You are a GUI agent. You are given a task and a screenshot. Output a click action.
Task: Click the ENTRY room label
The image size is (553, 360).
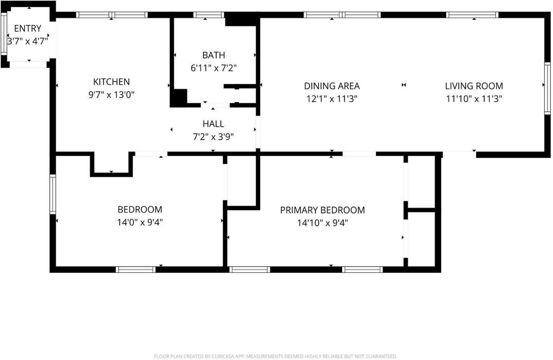tap(28, 28)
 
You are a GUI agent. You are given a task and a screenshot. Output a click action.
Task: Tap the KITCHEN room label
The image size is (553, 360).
tap(111, 82)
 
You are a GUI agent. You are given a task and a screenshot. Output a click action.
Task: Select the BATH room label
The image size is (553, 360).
tap(213, 55)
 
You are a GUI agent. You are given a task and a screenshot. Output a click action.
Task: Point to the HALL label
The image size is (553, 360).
tap(213, 124)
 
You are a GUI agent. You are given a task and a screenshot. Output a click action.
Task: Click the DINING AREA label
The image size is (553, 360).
tap(332, 86)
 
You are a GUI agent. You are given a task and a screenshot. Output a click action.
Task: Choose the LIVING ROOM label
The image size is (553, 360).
tap(474, 86)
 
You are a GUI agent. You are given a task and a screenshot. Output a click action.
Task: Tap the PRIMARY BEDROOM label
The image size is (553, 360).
tap(322, 210)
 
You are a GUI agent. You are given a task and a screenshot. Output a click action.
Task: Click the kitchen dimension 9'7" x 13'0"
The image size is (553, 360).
tap(111, 95)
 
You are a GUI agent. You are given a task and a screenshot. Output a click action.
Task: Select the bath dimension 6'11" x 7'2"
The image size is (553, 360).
tap(213, 68)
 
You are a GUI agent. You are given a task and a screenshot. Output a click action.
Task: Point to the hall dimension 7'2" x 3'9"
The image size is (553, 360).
tap(213, 137)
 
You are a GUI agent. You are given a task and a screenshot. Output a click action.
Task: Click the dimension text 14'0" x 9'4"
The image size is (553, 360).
tap(140, 222)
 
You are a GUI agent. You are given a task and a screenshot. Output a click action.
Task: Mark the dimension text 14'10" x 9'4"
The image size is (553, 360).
tap(322, 223)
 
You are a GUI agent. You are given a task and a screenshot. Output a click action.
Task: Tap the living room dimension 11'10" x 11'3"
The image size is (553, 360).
tap(474, 99)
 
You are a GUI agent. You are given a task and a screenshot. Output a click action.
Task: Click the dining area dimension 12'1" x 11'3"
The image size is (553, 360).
tap(332, 99)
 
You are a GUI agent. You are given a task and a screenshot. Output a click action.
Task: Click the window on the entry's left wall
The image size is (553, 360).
tap(4, 34)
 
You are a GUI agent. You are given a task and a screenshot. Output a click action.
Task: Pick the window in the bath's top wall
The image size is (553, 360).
tap(209, 15)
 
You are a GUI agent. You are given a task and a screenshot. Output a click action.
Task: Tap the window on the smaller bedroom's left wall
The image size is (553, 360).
tap(53, 194)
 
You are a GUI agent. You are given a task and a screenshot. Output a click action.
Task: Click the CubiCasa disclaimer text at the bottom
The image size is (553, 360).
tap(276, 356)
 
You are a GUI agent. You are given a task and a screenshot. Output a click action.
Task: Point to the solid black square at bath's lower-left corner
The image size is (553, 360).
tap(178, 97)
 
